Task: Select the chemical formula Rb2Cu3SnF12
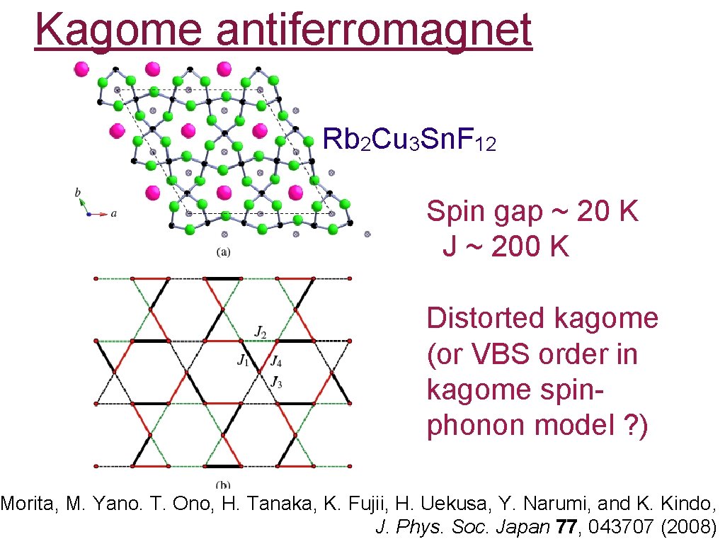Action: [x=409, y=140]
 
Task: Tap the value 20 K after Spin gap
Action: [x=608, y=211]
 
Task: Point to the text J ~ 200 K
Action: [x=506, y=246]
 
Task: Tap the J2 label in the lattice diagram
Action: [x=261, y=331]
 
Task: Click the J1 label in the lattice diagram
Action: [x=243, y=361]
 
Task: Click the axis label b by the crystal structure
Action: [x=78, y=191]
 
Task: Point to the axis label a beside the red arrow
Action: [x=114, y=212]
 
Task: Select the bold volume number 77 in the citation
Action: [x=564, y=526]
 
